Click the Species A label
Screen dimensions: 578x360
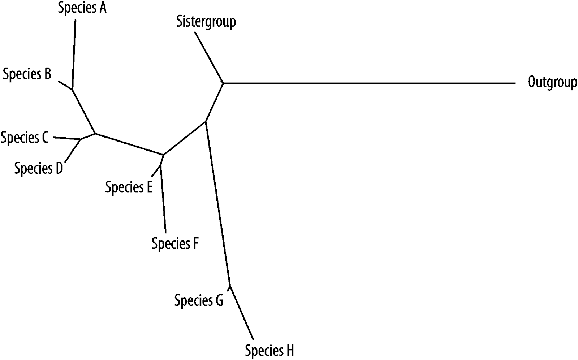point(82,8)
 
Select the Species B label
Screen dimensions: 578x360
point(27,74)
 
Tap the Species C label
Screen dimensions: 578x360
point(25,138)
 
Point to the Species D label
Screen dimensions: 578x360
point(39,168)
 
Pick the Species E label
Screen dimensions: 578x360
point(129,187)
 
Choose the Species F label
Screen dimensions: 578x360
point(175,244)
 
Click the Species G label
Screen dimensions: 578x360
point(199,300)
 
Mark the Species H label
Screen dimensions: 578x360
point(269,350)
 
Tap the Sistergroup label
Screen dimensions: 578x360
point(206,22)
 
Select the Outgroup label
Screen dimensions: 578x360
point(552,82)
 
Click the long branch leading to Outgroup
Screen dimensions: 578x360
point(368,83)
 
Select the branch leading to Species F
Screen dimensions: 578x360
point(163,199)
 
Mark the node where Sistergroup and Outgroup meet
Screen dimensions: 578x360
point(223,83)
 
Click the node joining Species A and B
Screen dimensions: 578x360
point(73,89)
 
